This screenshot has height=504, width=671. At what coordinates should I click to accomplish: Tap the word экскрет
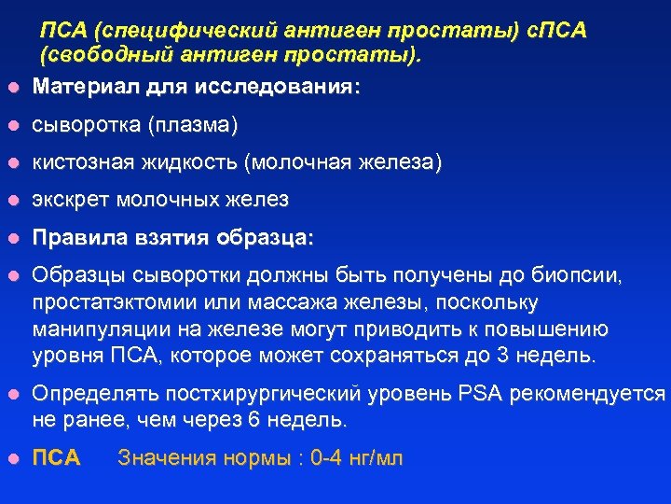tap(68, 200)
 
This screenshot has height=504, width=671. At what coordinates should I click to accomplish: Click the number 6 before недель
tap(254, 421)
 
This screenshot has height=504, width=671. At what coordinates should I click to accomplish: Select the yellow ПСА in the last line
tap(56, 458)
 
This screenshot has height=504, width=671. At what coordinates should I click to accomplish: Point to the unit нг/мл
tap(381, 458)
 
